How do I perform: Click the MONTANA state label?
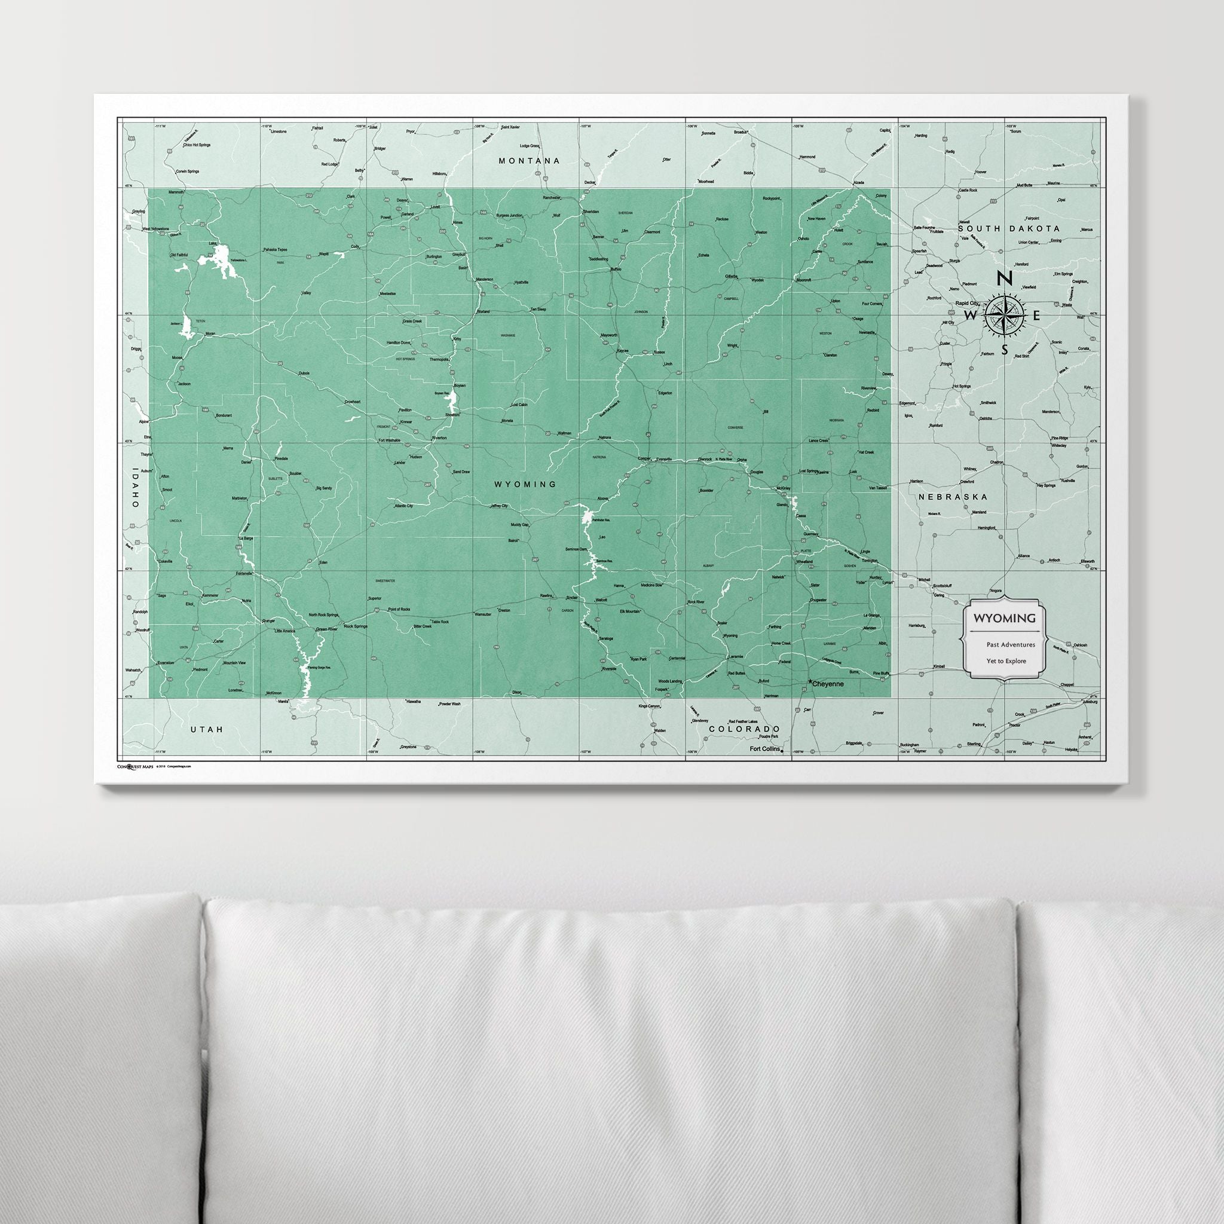pyautogui.click(x=529, y=161)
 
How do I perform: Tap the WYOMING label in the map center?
pyautogui.click(x=525, y=484)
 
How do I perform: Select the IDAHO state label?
pyautogui.click(x=134, y=487)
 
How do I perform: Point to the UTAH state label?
pyautogui.click(x=207, y=730)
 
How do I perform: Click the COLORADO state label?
pyautogui.click(x=743, y=729)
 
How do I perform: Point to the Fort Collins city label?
pyautogui.click(x=764, y=749)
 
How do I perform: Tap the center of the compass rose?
pyautogui.click(x=1005, y=314)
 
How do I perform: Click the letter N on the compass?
pyautogui.click(x=1003, y=277)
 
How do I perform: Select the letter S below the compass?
pyautogui.click(x=1004, y=350)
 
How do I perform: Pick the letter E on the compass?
pyautogui.click(x=1036, y=315)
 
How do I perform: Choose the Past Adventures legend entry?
pyautogui.click(x=1010, y=644)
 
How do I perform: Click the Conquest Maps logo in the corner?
pyautogui.click(x=136, y=767)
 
